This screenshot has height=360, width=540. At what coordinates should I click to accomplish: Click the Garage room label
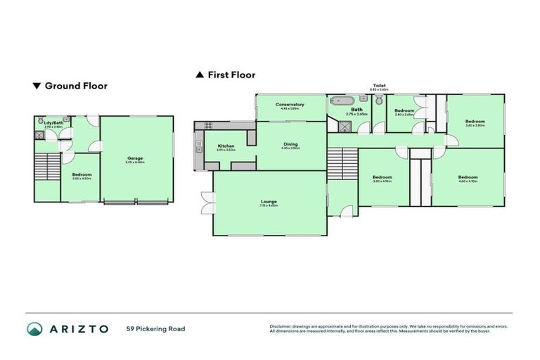[x=135, y=158]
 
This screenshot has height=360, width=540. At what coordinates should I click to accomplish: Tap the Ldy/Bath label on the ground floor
[x=53, y=124]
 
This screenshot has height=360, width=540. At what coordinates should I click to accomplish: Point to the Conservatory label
[x=290, y=105]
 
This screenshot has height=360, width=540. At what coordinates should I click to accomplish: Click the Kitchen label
[x=226, y=146]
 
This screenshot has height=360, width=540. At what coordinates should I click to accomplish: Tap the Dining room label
[x=290, y=144]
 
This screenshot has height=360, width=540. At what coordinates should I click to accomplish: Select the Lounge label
[x=269, y=202]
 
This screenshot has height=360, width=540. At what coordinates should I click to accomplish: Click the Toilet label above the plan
[x=379, y=86]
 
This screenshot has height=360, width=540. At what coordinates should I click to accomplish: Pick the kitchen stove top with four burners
[x=209, y=126]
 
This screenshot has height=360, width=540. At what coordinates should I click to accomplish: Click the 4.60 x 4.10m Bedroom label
[x=468, y=176]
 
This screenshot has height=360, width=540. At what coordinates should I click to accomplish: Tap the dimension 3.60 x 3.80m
[x=475, y=126]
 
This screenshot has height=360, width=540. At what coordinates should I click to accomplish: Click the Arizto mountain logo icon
[x=35, y=329]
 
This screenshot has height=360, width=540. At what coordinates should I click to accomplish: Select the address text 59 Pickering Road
[x=155, y=329]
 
